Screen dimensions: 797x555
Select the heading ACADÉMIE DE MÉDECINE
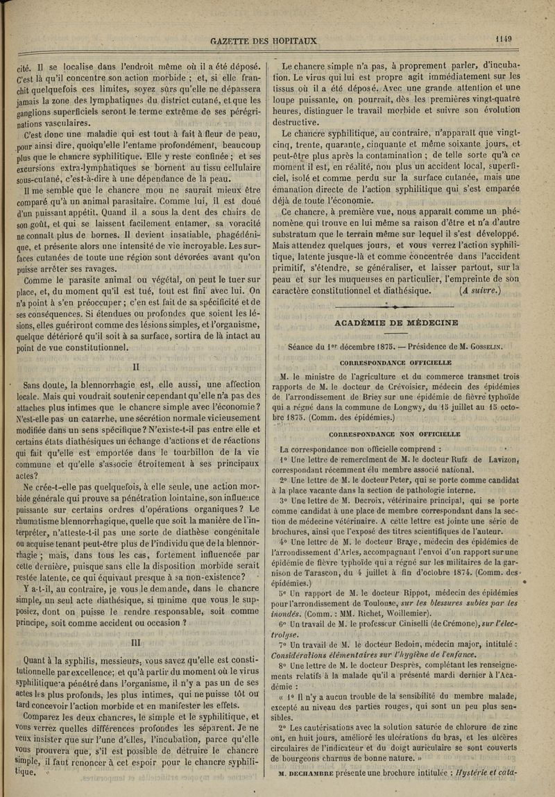point(396,323)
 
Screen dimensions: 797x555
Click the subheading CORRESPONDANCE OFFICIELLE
point(396,362)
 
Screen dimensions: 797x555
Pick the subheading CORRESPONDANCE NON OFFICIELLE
point(395,434)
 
